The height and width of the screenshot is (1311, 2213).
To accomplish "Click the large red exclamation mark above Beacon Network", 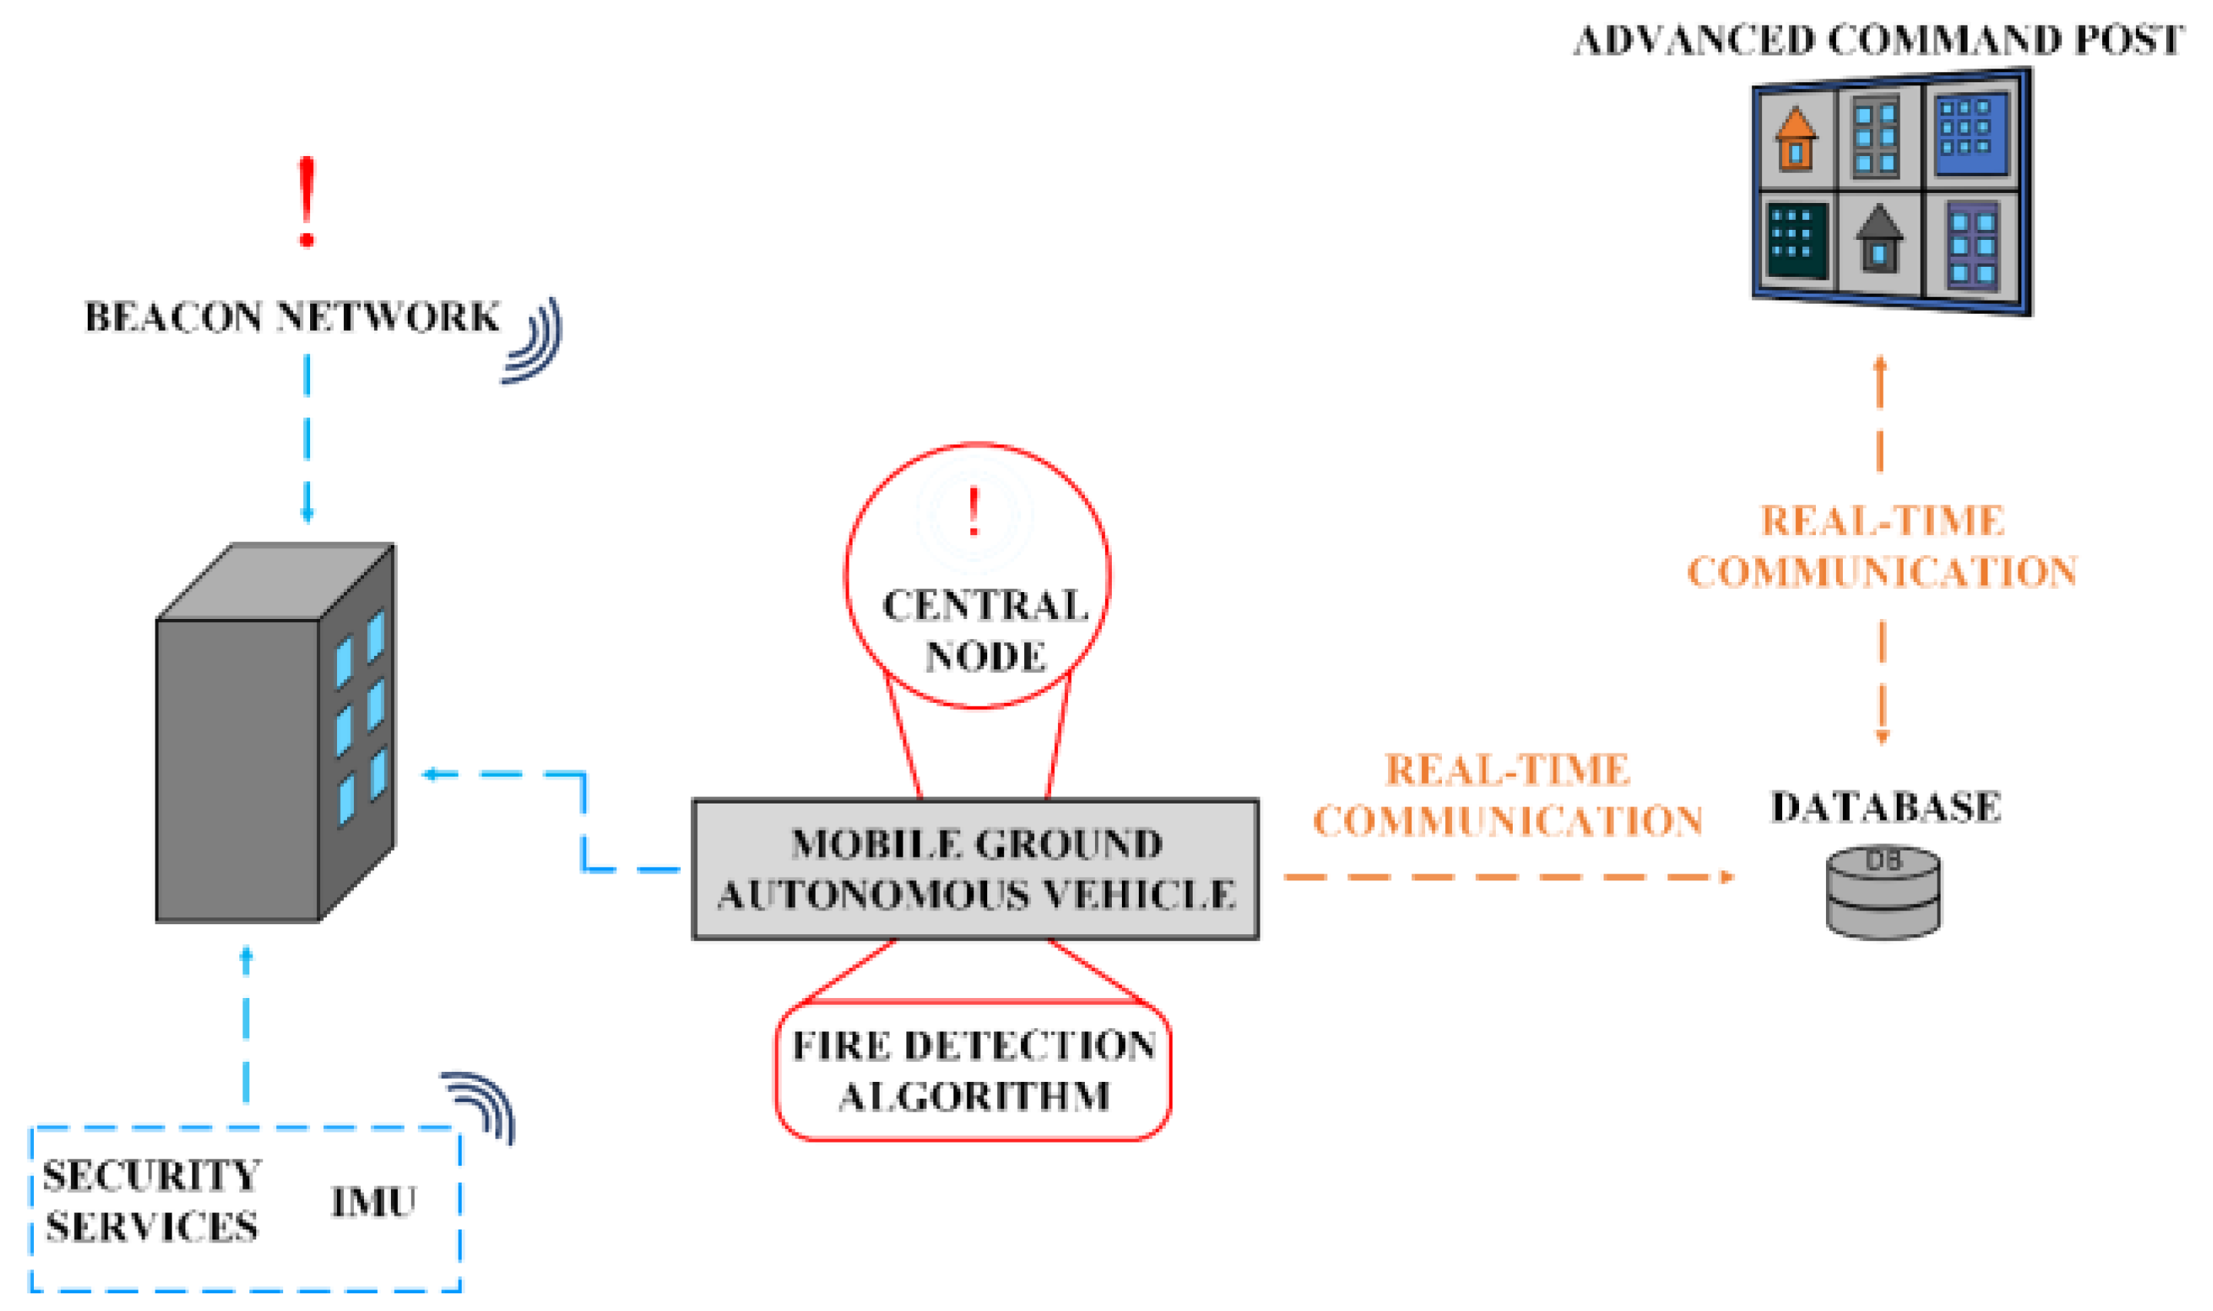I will click(x=307, y=202).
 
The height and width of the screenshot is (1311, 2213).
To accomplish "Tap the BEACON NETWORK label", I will click(x=292, y=317).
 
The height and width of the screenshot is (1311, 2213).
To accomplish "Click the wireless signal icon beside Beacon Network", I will click(x=534, y=340).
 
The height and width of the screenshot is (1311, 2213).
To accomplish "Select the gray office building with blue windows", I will click(x=275, y=734).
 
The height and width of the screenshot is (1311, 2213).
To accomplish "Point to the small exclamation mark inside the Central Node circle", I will click(x=974, y=512).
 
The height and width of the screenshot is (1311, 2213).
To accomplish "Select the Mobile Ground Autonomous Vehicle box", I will click(x=975, y=870).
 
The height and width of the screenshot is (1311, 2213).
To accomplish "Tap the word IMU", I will click(x=373, y=1203).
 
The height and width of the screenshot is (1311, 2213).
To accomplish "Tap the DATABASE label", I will click(x=1885, y=807).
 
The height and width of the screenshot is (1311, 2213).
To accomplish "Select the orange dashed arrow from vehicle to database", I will click(x=1507, y=877).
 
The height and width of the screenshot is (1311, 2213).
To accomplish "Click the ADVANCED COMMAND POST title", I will click(x=1878, y=41).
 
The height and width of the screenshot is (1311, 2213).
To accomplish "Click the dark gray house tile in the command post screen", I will click(x=1878, y=238).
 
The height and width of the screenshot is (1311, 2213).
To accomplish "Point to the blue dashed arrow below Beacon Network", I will click(x=307, y=438).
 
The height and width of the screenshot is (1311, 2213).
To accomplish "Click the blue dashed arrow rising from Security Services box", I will click(x=246, y=1025).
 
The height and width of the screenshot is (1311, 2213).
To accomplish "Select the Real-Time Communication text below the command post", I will click(x=1881, y=547).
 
